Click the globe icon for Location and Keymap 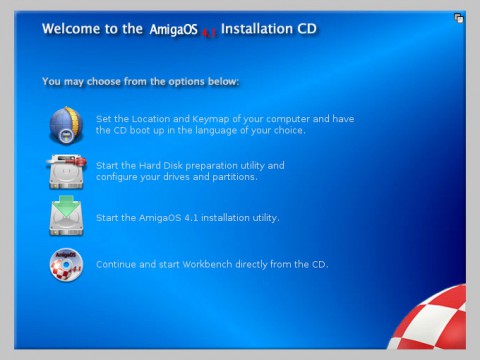pos(66,124)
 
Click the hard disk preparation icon pos(66,170)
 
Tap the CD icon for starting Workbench pos(66,265)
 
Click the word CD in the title pos(306,29)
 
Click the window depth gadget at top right pos(458,17)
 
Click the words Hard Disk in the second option pos(161,165)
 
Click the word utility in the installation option pos(262,217)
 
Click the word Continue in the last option pos(116,265)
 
